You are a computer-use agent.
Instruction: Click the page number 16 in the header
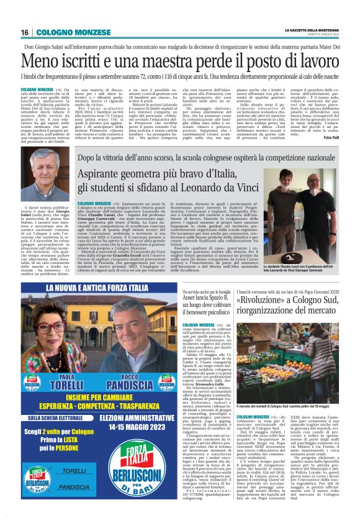26,32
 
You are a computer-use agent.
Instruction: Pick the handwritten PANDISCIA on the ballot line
74,486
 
